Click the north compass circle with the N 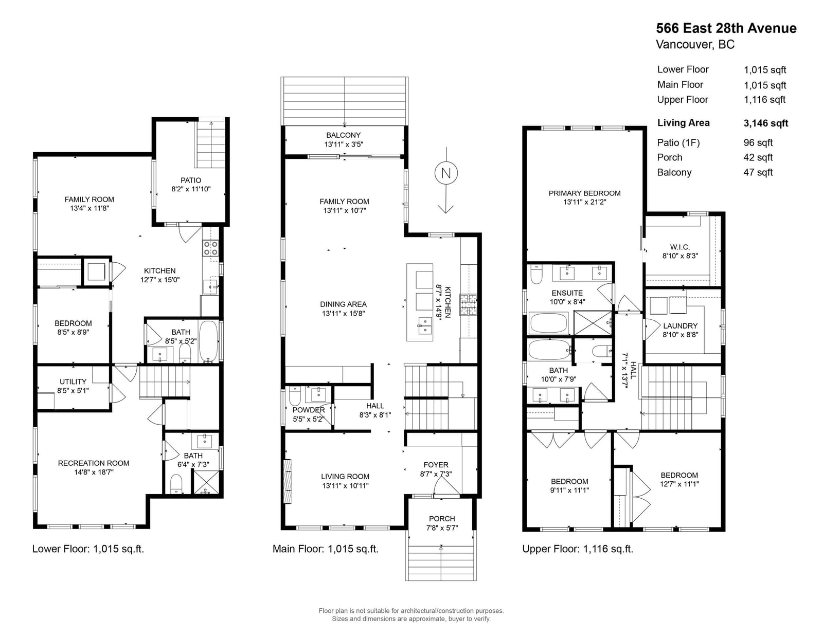coord(446,173)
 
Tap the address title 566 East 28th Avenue coord(726,28)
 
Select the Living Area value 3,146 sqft coord(766,123)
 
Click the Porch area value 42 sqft coord(758,157)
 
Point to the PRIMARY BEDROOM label coord(584,193)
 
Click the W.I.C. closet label coord(680,247)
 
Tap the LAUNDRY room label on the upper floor coord(680,326)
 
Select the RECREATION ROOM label coord(94,463)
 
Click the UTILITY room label coord(73,381)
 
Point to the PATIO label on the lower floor coord(190,180)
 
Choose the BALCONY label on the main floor coord(344,135)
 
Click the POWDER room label coord(309,410)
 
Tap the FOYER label coord(436,464)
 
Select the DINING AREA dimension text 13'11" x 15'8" coord(343,314)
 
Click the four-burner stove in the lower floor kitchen coord(211,248)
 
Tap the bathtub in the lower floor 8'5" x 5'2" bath coord(208,341)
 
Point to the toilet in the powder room coord(295,396)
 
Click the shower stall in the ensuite coord(593,323)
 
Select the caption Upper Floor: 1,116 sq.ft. coord(578,549)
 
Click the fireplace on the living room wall coord(288,481)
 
